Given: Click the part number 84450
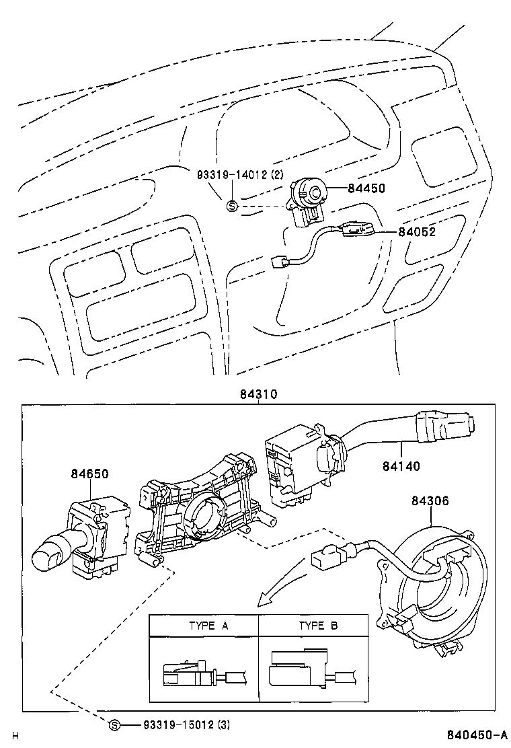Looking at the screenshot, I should pos(366,189).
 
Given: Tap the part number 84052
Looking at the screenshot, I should pos(417,232).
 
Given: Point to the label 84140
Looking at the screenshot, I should pos(402,465).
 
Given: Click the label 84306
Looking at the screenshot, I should pos(430,500).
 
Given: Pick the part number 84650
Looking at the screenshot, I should pos(89,474).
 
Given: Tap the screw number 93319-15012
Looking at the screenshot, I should pos(178,724).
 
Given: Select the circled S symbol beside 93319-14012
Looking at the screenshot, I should pos(232,206).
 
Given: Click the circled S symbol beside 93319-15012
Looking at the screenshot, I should pos(115,724).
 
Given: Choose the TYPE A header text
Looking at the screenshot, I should pos(208,626).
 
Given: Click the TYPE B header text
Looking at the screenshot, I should pos(318,626).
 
